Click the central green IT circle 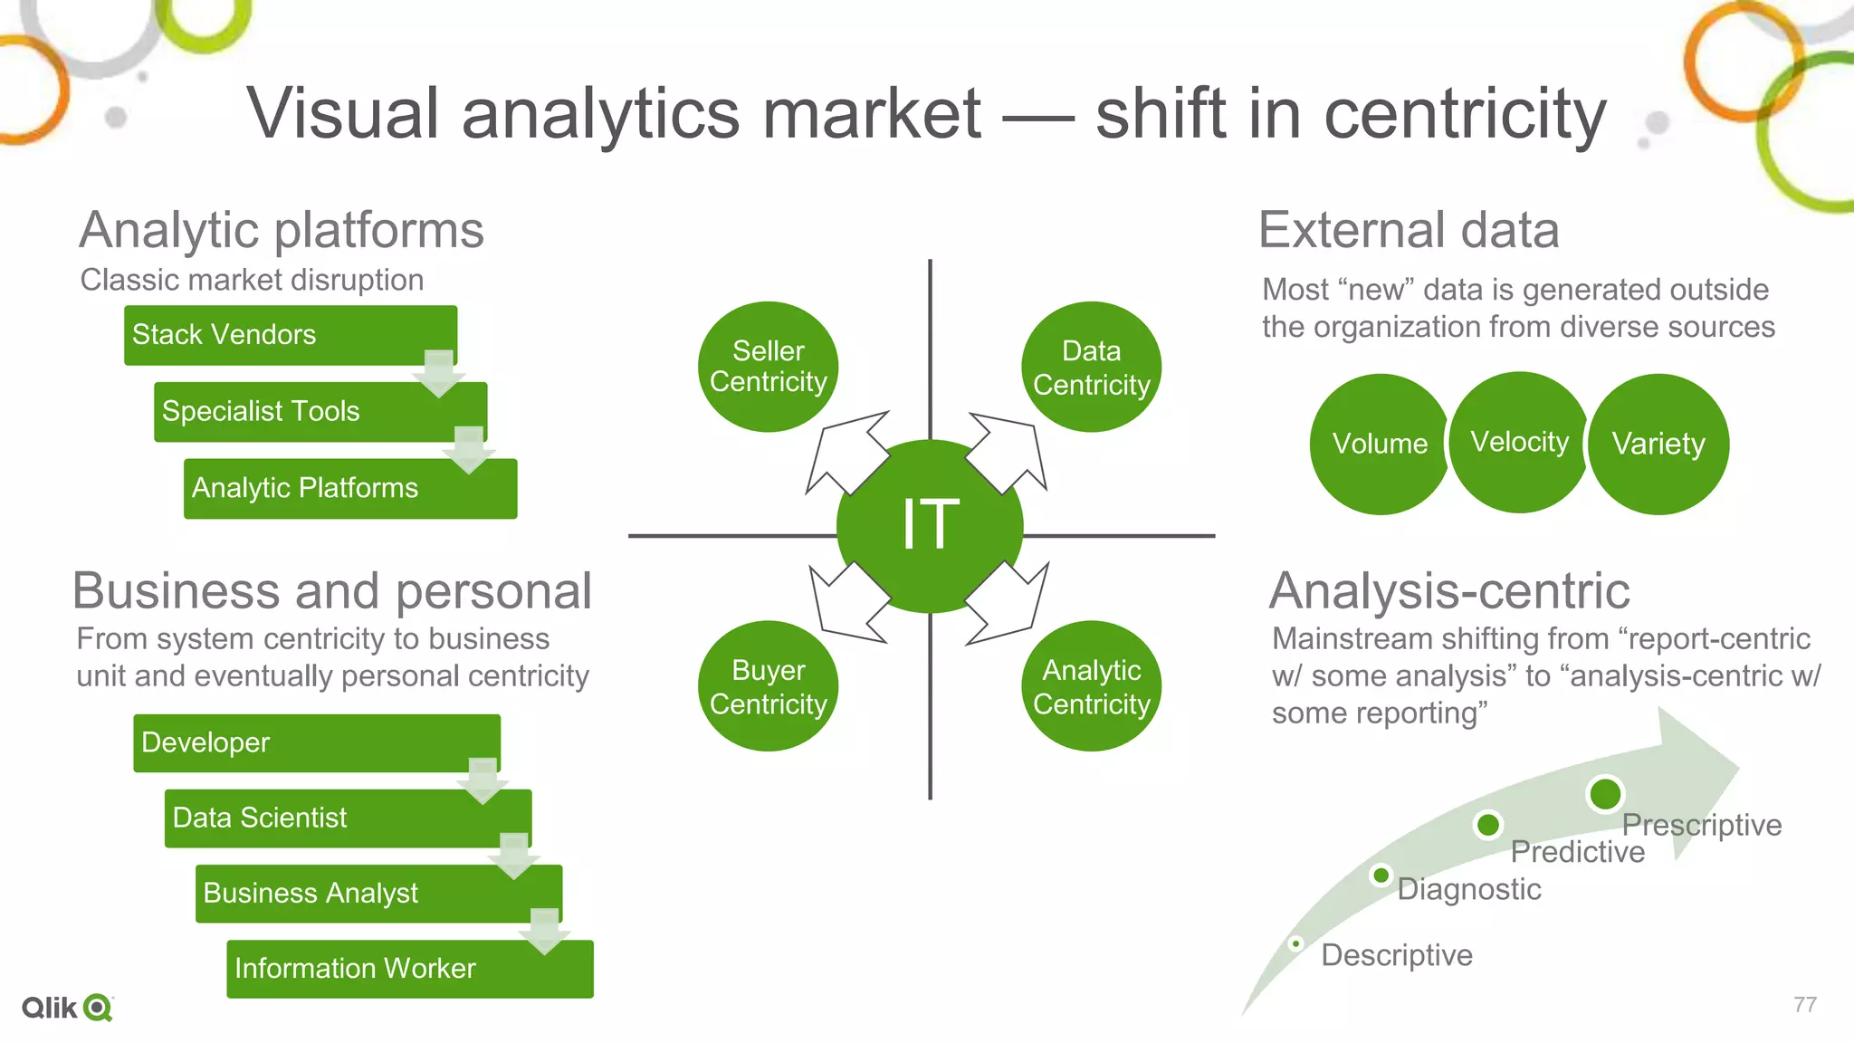930,525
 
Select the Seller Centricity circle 768,367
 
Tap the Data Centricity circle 1091,367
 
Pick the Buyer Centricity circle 768,686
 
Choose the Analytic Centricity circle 1091,686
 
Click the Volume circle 1379,444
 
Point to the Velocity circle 1519,442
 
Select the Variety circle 1658,444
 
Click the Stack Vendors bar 290,335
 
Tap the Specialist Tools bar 320,412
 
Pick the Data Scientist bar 347,818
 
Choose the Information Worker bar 409,969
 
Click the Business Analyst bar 377,894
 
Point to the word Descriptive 1396,955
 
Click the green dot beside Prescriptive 1605,794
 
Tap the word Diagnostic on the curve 1468,889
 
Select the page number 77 1804,1004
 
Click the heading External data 1409,230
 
